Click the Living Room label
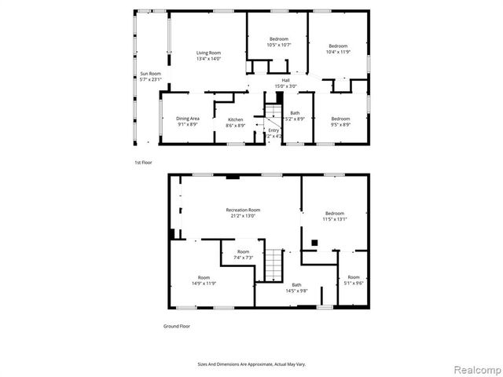(x=208, y=53)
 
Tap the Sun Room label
(x=149, y=74)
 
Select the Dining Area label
(x=187, y=119)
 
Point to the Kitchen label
(x=236, y=119)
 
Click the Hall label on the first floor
(x=286, y=79)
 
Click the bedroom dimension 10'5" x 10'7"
(x=279, y=45)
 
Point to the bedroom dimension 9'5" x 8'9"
(x=340, y=124)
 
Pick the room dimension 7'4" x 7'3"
(x=242, y=258)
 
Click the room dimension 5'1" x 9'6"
(x=354, y=283)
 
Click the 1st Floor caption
(x=142, y=163)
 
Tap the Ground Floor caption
(x=177, y=326)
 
